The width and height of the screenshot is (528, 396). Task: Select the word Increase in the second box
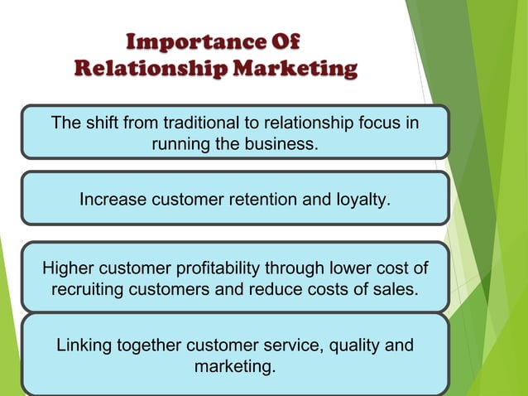point(111,199)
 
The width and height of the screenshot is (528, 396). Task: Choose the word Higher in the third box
point(68,268)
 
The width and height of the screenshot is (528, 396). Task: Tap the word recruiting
point(87,290)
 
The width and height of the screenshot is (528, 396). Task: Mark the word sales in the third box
point(397,290)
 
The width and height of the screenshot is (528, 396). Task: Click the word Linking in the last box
point(83,345)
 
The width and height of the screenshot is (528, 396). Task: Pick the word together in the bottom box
point(150,345)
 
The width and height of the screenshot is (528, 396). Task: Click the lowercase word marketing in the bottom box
point(233,365)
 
